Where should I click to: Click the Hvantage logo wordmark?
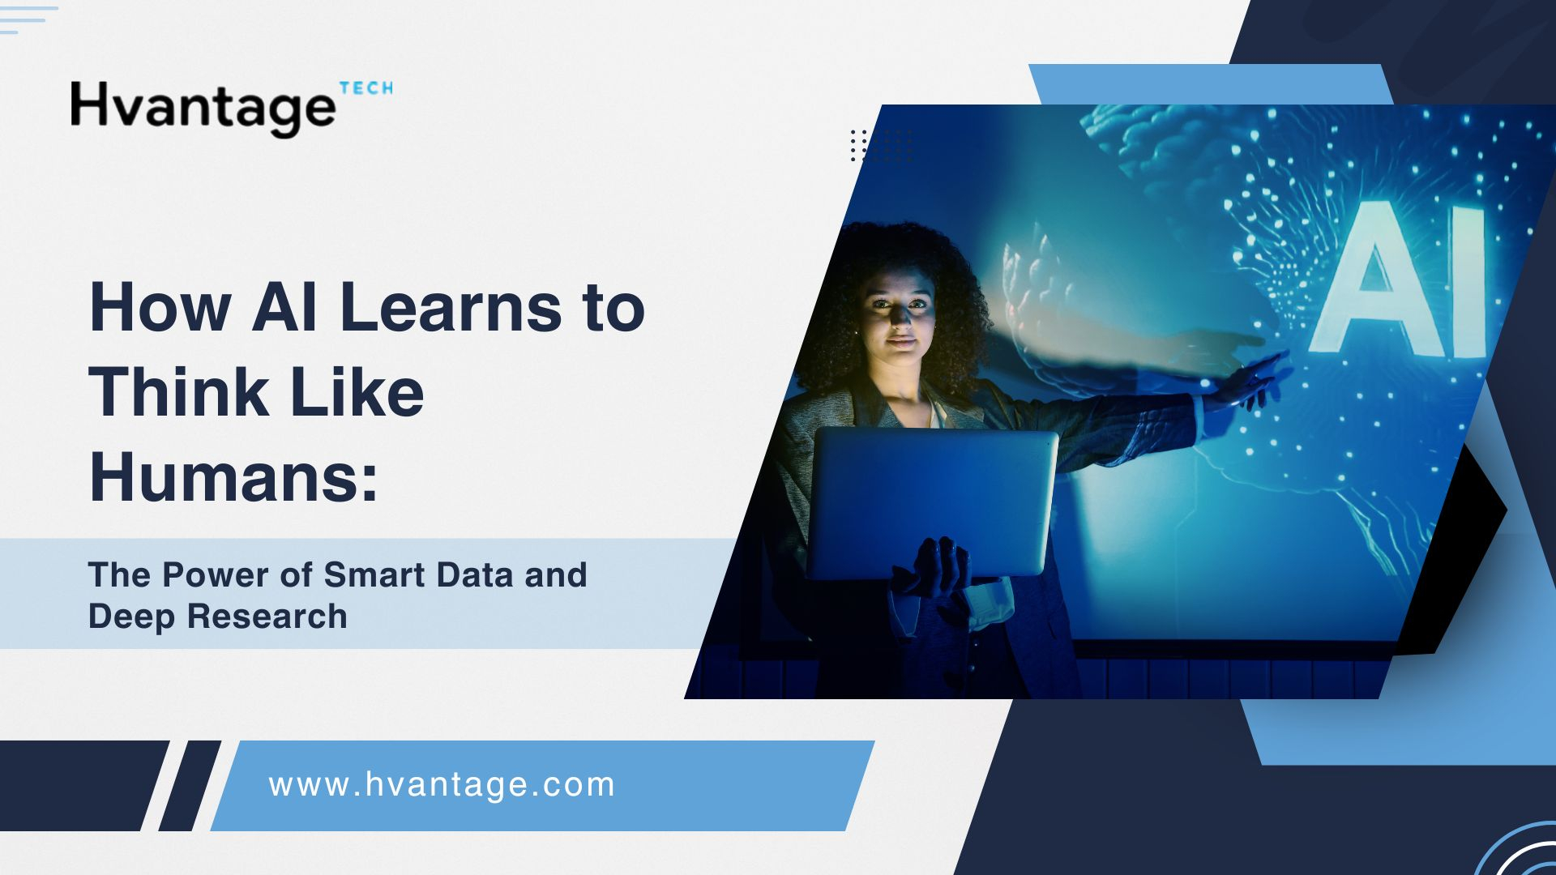203,109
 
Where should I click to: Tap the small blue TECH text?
366,88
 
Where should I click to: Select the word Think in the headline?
178,392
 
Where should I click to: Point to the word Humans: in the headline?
233,477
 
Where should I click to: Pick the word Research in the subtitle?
267,616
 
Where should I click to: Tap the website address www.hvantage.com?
442,785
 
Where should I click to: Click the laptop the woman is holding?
932,502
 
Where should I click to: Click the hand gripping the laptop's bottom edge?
932,567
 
